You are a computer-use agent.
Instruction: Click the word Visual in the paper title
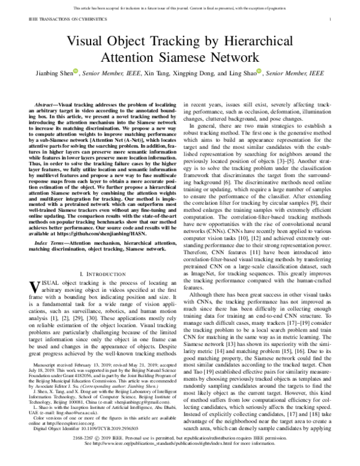click(83, 43)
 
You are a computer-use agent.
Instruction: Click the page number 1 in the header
click(331, 19)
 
